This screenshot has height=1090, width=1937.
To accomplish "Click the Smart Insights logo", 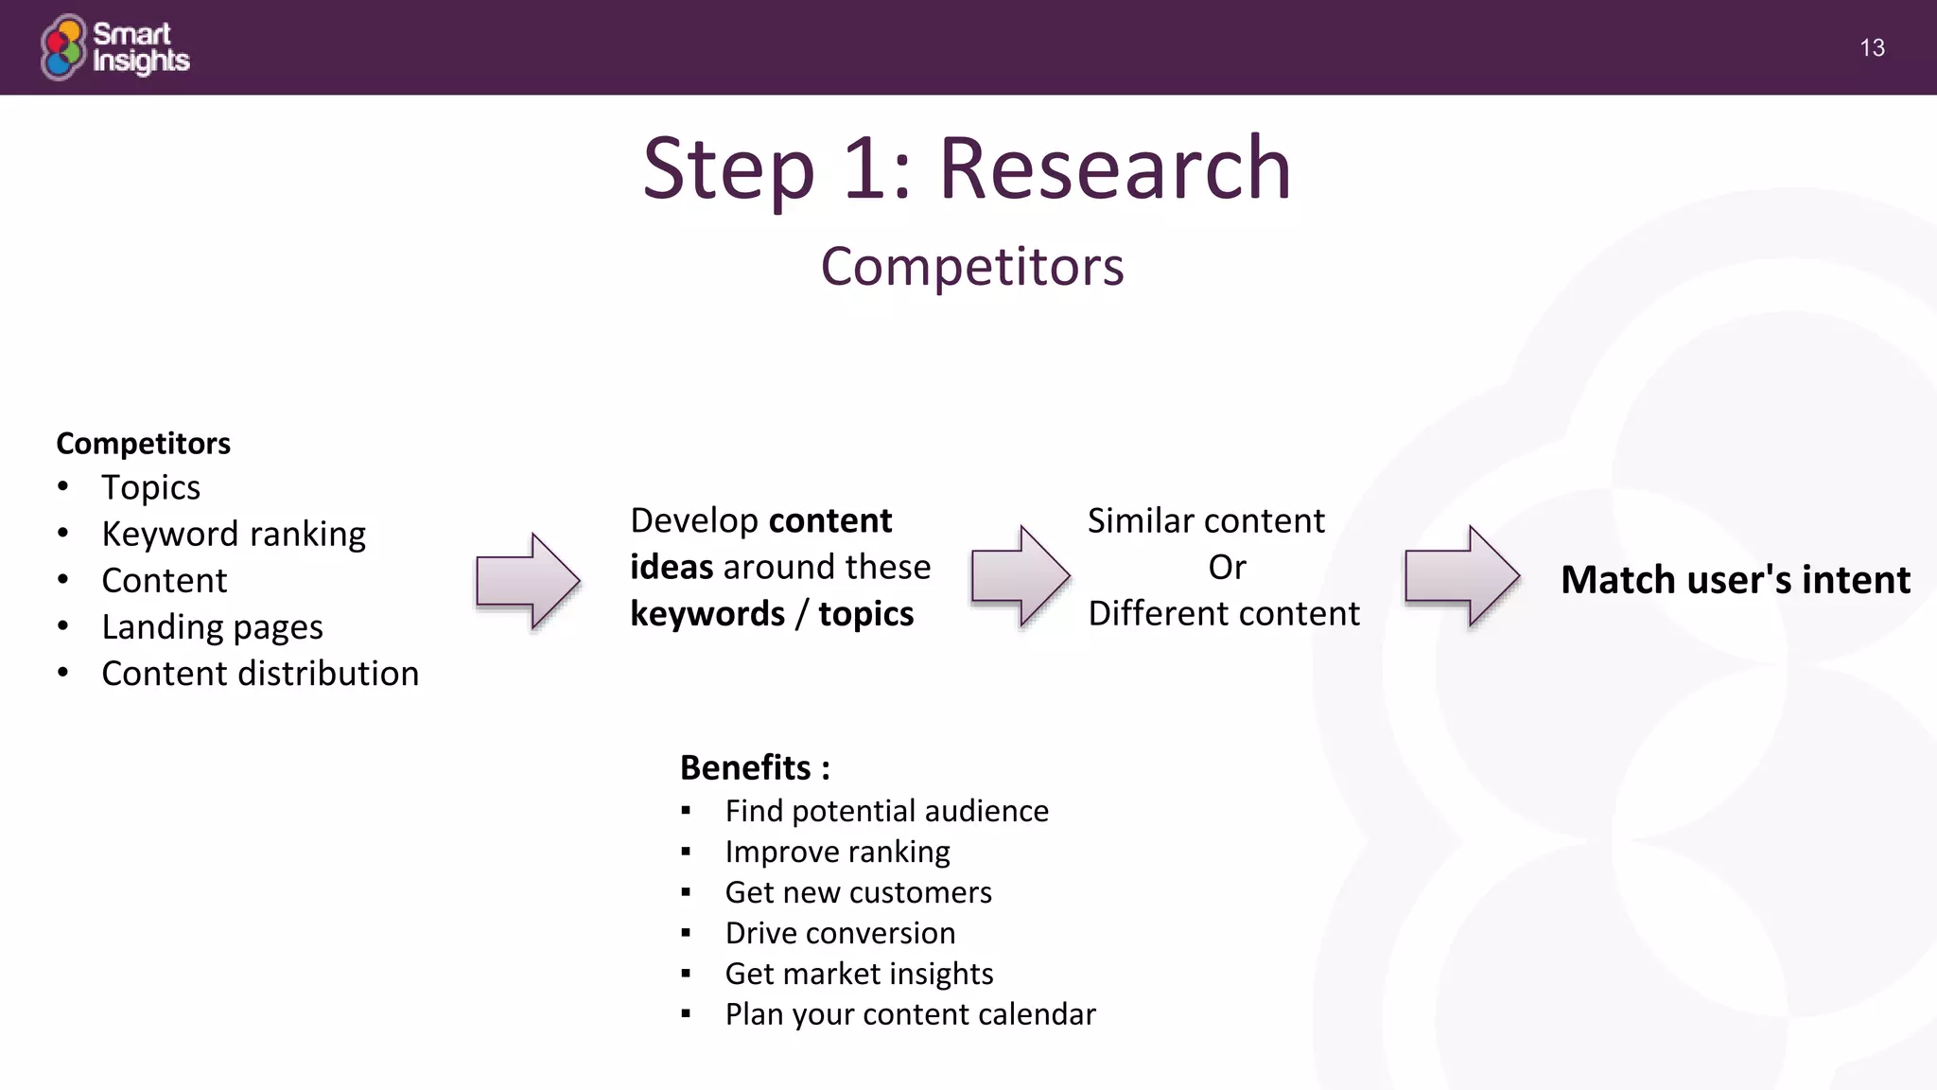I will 115,47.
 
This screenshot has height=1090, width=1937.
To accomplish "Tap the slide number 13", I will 1872,48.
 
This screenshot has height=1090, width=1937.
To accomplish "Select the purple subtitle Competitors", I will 971,267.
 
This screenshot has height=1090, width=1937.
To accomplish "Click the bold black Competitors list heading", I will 143,443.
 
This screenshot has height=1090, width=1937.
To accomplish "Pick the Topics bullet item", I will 150,487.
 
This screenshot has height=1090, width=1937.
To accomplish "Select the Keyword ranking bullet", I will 233,534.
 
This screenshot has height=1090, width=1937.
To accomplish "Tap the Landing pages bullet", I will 212,626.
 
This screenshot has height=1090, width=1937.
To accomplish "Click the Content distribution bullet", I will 260,673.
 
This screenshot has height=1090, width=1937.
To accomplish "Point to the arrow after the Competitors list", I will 528,580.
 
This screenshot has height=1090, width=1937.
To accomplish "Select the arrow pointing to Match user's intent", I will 1462,576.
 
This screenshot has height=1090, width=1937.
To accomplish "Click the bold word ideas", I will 672,567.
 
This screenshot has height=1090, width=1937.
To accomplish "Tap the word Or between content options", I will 1227,567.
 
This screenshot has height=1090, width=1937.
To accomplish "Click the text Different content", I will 1224,613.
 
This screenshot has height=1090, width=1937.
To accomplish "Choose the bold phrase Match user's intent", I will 1736,579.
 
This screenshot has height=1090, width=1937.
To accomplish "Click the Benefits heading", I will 755,767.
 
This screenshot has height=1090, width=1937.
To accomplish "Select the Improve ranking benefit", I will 837,852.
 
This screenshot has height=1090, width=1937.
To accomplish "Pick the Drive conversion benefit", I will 840,933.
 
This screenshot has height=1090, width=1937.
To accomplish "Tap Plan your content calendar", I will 910,1014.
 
